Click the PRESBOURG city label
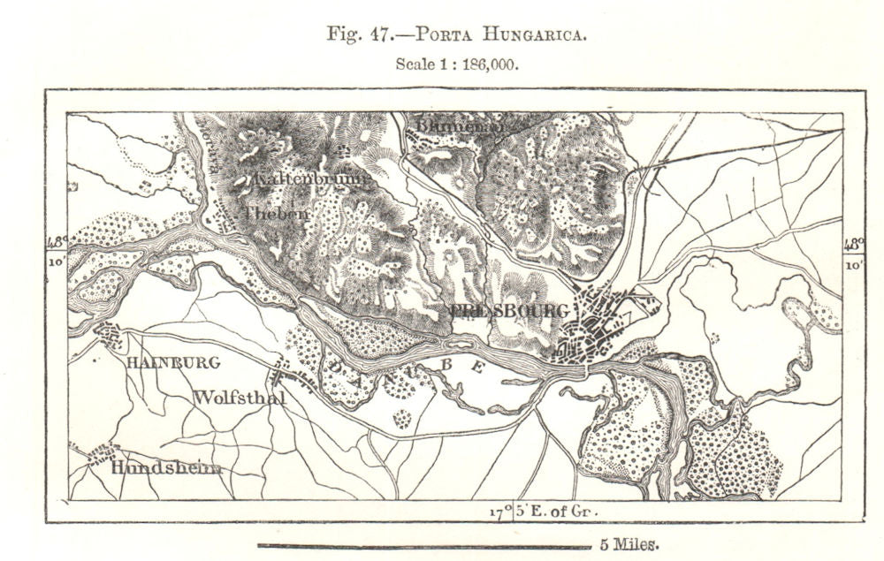pyautogui.click(x=507, y=311)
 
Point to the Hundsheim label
pyautogui.click(x=166, y=468)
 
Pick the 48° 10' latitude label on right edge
pyautogui.click(x=853, y=251)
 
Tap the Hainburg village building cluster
pyautogui.click(x=110, y=337)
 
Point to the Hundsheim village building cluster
pyautogui.click(x=101, y=455)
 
